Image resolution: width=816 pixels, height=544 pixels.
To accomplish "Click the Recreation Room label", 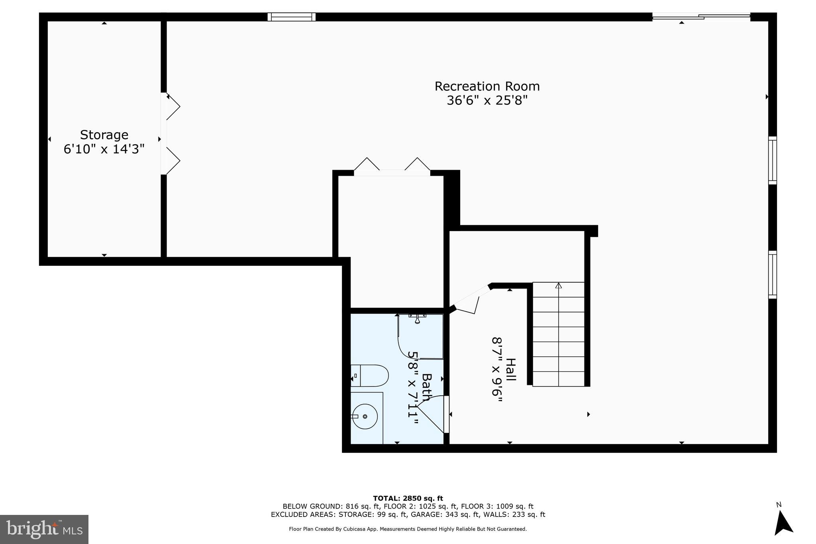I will click(x=487, y=86).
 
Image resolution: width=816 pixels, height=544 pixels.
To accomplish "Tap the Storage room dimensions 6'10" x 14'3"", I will click(x=104, y=149).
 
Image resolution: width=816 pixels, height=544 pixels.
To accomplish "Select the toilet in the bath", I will click(x=370, y=375).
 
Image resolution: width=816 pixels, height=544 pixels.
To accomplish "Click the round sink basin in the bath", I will click(x=366, y=416).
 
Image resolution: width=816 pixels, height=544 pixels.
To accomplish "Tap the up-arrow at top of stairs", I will click(x=559, y=286).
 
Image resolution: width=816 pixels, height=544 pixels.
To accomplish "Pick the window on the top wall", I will click(x=291, y=17).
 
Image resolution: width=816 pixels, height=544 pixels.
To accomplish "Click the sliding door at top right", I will click(x=701, y=16).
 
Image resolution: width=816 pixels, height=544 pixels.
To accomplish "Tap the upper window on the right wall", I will click(x=772, y=160).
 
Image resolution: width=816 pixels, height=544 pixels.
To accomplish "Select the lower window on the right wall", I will click(x=772, y=275).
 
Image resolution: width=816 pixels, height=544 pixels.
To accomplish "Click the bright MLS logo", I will click(x=44, y=529).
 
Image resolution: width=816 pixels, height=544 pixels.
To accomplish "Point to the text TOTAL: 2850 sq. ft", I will click(x=408, y=498).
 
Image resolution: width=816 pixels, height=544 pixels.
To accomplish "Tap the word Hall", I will click(x=510, y=369).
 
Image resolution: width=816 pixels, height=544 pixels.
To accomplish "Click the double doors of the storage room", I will click(x=171, y=134).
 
